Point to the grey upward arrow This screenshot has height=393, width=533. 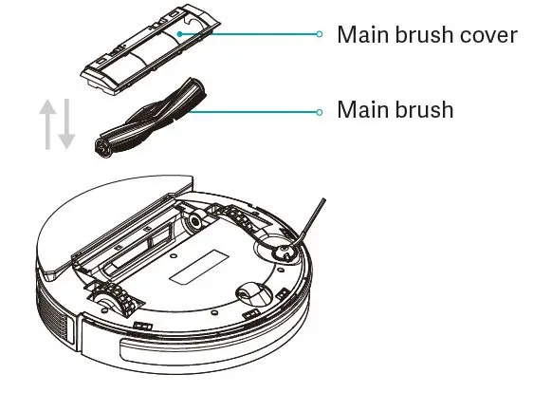tap(46, 121)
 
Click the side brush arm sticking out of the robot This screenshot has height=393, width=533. tap(308, 222)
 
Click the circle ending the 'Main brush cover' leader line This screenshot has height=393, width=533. tap(320, 34)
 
